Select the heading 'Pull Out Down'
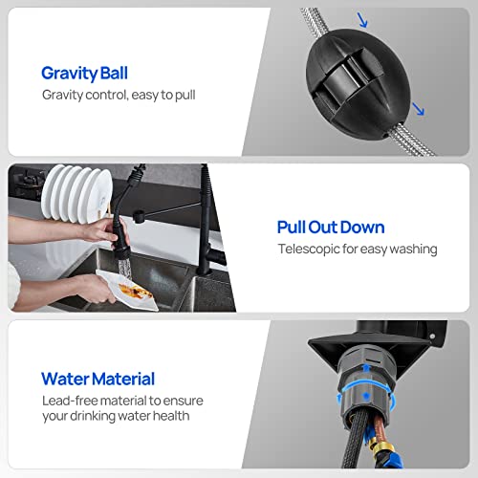click(331, 227)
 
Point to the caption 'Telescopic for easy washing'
click(357, 249)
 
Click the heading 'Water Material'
click(98, 380)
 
